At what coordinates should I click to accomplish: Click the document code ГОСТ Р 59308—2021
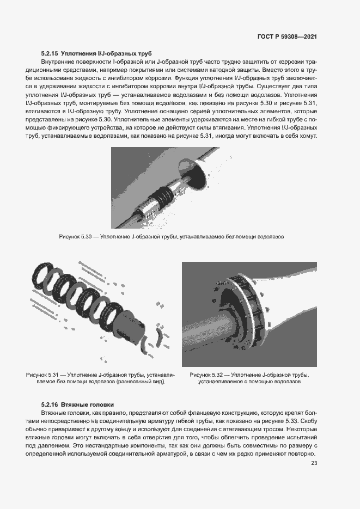[287, 36]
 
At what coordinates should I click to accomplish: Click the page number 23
[314, 463]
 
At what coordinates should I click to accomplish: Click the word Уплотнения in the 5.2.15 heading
[80, 54]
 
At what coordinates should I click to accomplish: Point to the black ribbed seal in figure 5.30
[164, 193]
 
